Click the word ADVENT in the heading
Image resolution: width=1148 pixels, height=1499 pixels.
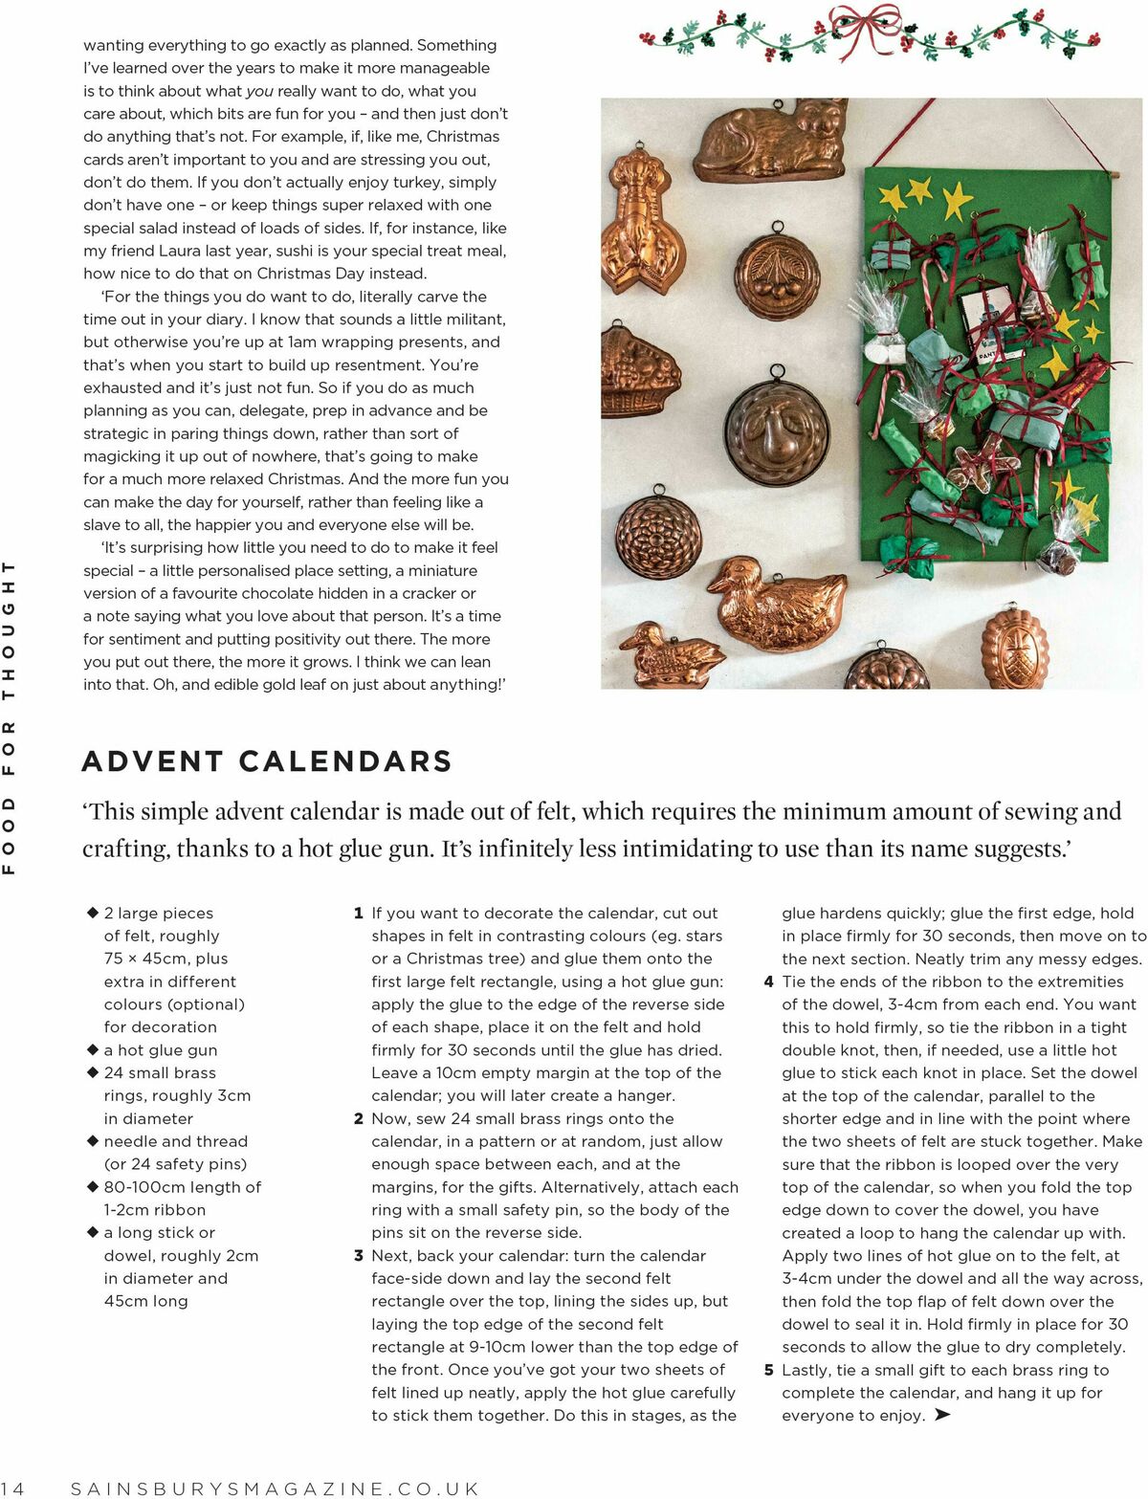coord(153,761)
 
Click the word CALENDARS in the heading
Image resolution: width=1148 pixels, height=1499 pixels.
coord(345,761)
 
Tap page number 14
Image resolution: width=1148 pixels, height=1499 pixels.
coord(13,1488)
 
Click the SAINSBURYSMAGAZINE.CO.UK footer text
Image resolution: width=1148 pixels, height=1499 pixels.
coord(276,1488)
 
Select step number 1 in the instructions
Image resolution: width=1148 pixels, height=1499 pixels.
coord(359,914)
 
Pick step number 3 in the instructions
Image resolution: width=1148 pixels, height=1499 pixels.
coord(359,1256)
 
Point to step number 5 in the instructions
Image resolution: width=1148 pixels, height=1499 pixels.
coord(768,1370)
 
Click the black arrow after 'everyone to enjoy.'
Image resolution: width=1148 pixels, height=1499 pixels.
coord(942,1415)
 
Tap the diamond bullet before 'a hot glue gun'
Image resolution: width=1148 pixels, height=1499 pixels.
coord(93,1049)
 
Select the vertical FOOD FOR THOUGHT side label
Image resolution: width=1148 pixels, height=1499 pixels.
coord(10,717)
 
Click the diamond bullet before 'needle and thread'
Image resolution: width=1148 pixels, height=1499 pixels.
coord(93,1140)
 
